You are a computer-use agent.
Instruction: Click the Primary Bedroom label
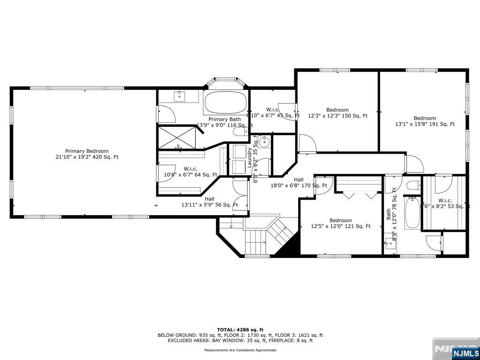coord(87,154)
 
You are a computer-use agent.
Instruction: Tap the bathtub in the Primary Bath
coord(225,103)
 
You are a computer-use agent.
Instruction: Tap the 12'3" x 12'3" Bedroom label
coord(337,112)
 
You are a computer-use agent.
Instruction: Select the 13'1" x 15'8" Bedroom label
coord(425,121)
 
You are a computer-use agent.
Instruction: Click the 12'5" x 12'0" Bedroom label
coord(340,223)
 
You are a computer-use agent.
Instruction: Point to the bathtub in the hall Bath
coord(412,213)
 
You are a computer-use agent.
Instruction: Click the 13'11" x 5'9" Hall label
coord(210,202)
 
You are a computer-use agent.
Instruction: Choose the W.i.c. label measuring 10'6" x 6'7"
coord(190,172)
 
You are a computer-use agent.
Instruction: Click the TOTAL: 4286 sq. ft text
coord(240,330)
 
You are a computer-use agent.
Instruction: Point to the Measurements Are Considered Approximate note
coord(240,350)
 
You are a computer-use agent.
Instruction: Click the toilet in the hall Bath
coord(412,185)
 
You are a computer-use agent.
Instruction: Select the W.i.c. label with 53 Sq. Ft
coord(444,203)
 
